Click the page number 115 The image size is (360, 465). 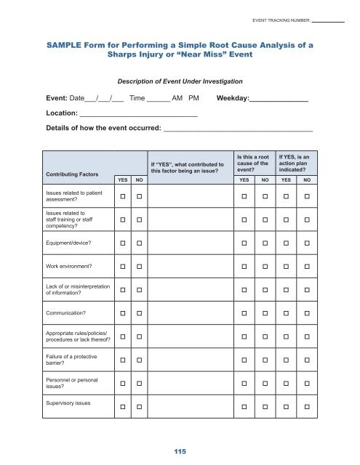coord(180,451)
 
